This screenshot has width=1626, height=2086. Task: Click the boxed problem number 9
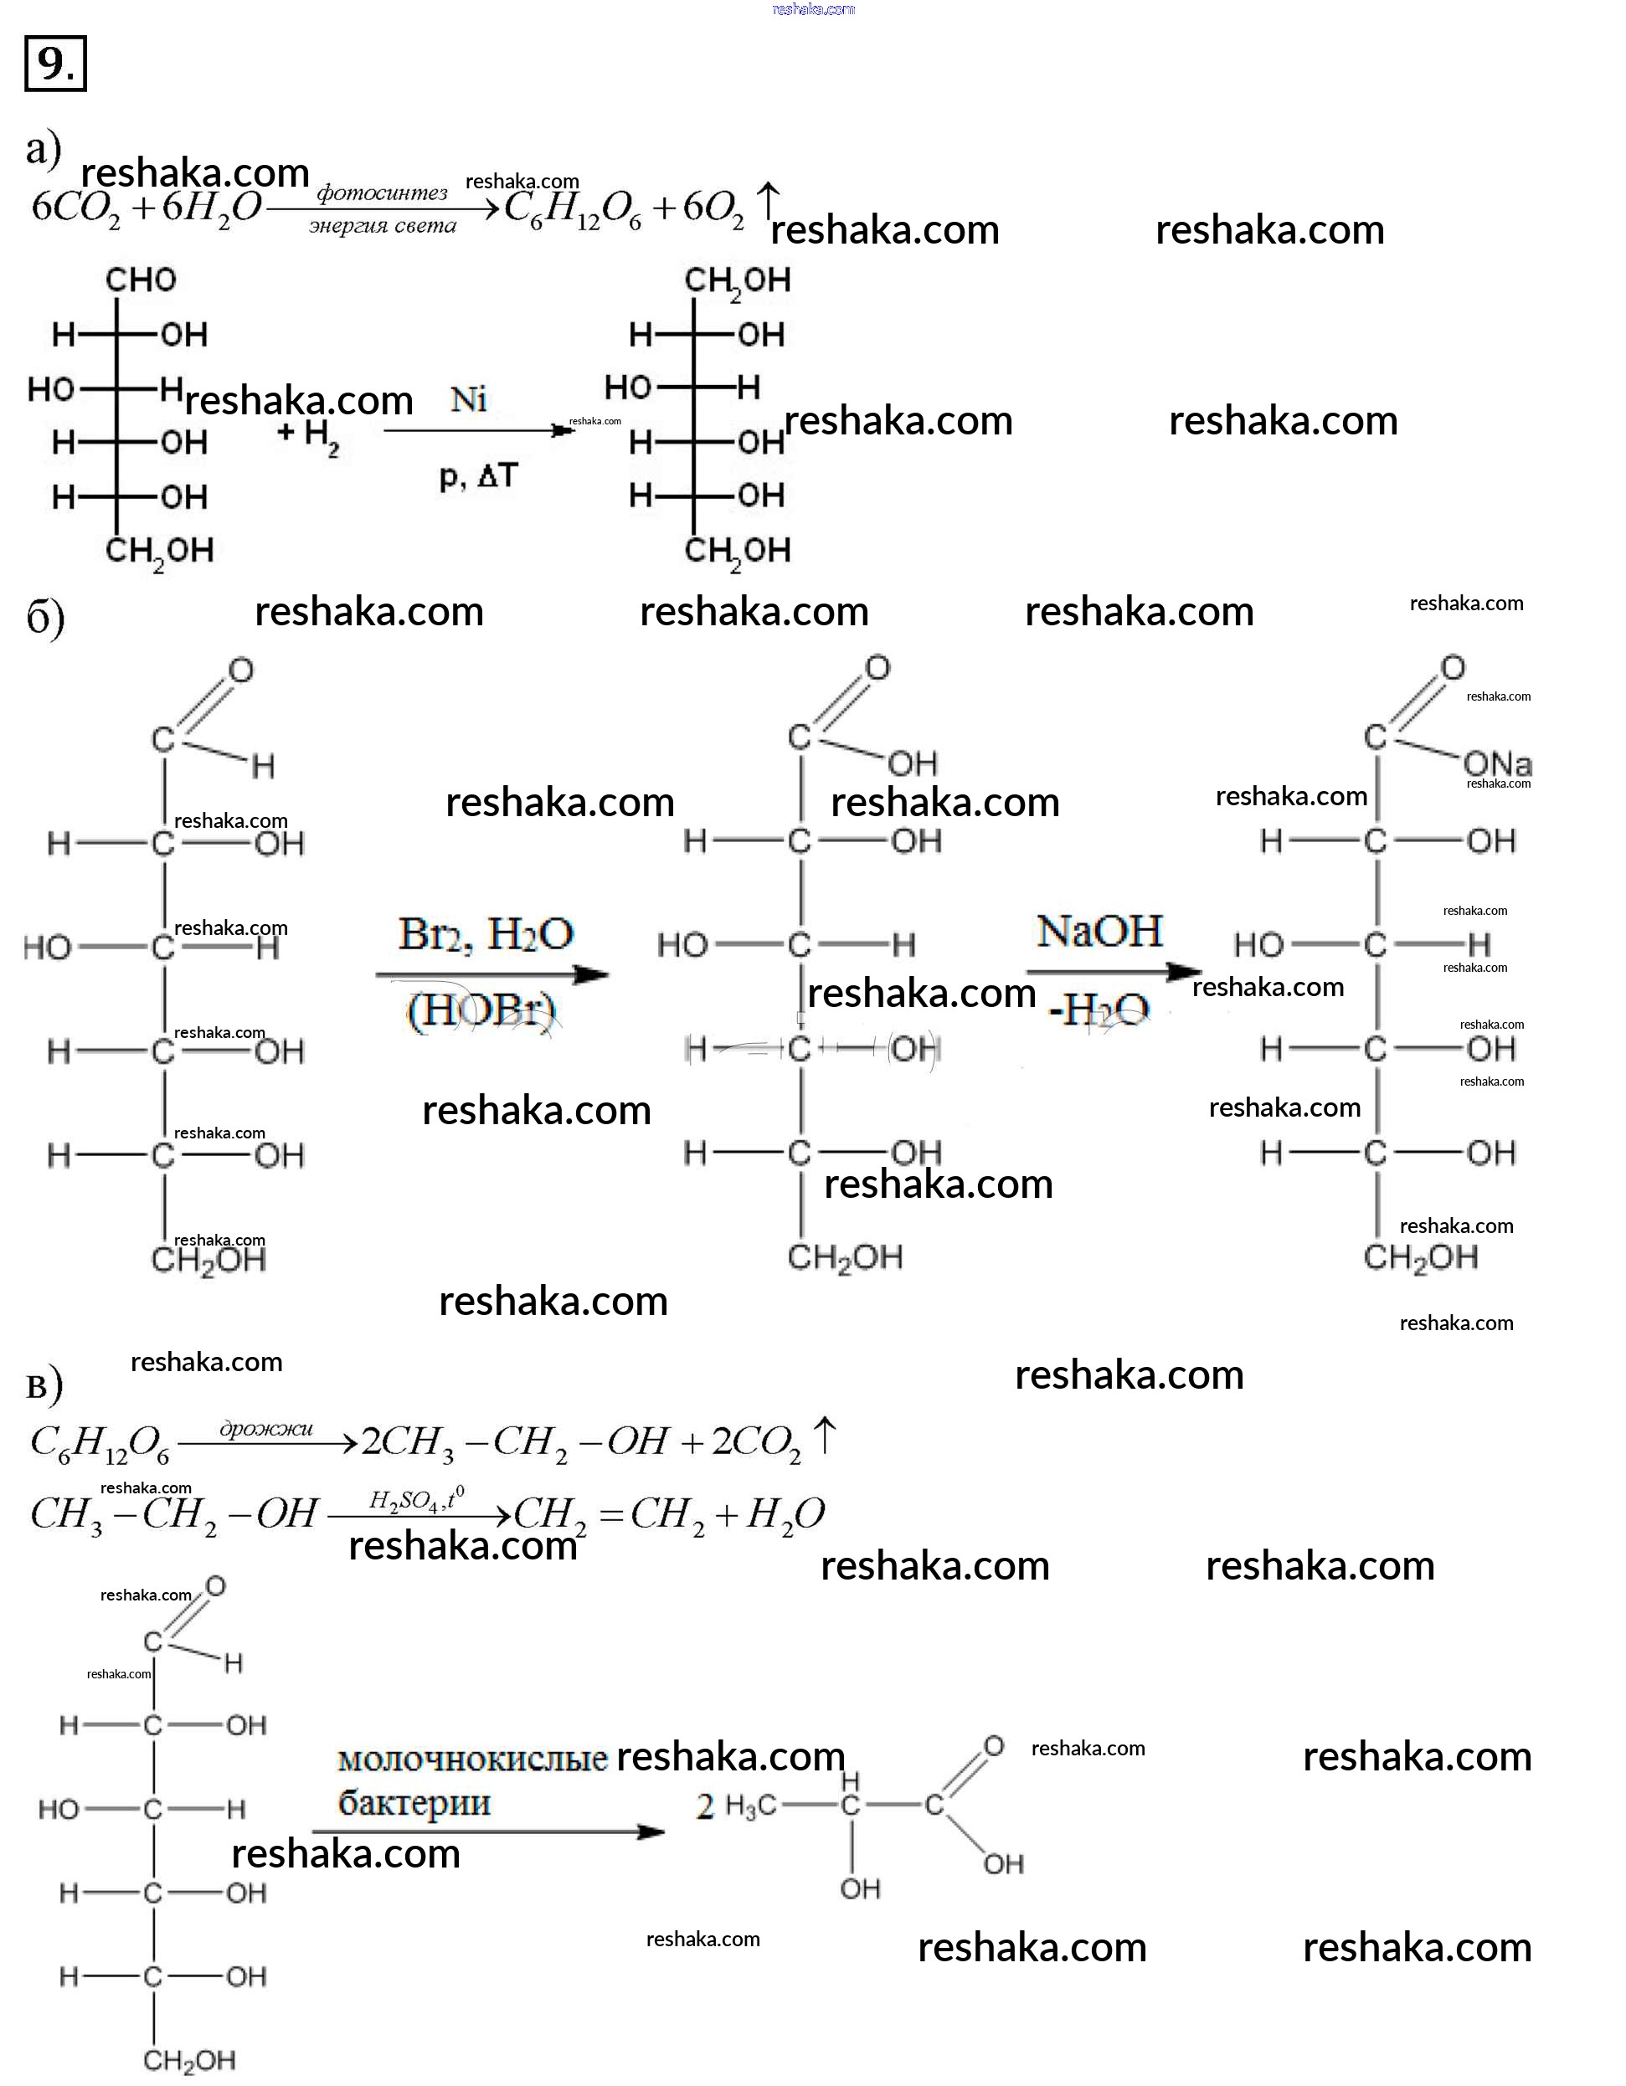(x=55, y=63)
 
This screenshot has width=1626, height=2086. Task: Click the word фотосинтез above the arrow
(x=382, y=193)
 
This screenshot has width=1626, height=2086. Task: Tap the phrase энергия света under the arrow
(x=382, y=226)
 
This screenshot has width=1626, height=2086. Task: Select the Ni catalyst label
(x=468, y=399)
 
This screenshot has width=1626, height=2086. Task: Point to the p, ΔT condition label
(x=478, y=475)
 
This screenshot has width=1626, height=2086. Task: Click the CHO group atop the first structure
(x=141, y=280)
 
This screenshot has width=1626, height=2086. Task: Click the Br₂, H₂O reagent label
(x=486, y=933)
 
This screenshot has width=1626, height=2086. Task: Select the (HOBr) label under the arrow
(x=481, y=1010)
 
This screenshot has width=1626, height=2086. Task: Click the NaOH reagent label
(x=1099, y=930)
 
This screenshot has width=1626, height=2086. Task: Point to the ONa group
(x=1497, y=764)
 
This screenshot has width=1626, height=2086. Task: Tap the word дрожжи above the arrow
(x=266, y=1429)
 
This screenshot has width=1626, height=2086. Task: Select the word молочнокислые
(x=473, y=1759)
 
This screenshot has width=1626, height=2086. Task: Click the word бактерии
(x=414, y=1803)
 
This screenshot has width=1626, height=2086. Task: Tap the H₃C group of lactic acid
(x=751, y=1806)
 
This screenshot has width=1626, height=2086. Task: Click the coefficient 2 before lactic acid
(x=705, y=1807)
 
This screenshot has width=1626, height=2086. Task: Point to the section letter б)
(x=45, y=618)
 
